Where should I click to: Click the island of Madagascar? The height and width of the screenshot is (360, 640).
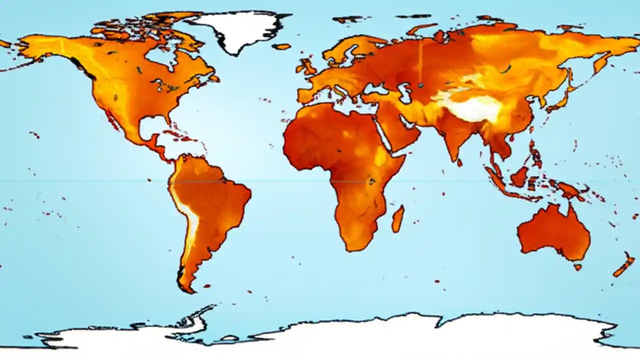click(398, 219)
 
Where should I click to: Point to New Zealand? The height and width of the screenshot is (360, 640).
click(625, 265)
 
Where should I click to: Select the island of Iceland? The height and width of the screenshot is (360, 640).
click(281, 46)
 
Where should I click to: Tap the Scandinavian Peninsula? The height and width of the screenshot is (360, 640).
click(345, 50)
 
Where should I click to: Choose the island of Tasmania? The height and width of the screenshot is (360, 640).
click(578, 267)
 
